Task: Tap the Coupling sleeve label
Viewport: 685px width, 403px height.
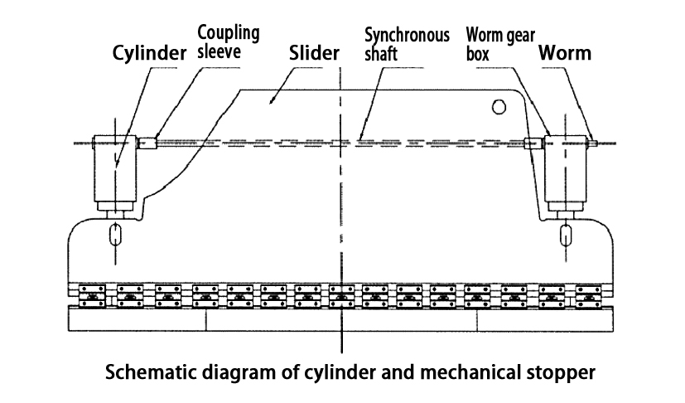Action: tap(228, 41)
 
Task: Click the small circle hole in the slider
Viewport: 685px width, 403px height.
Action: tap(499, 105)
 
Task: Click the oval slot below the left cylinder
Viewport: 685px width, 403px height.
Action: tap(115, 235)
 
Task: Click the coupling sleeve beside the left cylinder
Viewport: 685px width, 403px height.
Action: tap(147, 143)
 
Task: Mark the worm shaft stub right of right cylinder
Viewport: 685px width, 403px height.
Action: tap(594, 143)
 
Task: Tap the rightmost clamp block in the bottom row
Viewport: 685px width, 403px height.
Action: tap(587, 294)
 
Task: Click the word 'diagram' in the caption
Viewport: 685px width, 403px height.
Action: tap(237, 372)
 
